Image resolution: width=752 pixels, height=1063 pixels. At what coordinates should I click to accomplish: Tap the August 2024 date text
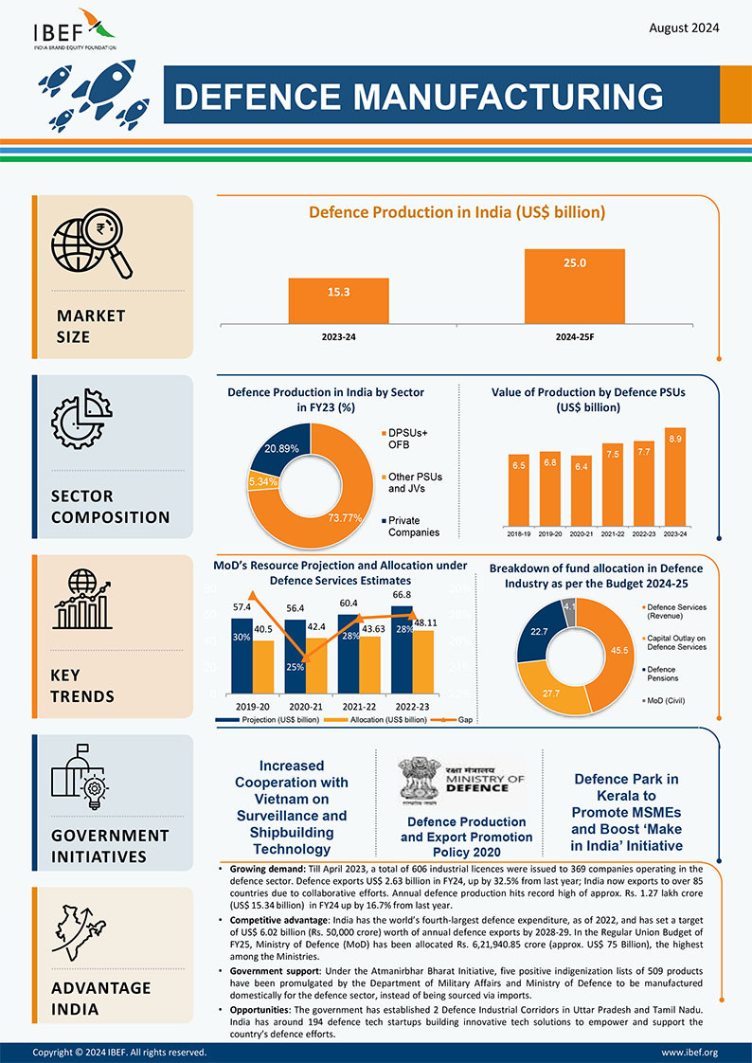point(684,27)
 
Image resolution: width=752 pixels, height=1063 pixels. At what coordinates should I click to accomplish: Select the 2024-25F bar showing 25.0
point(575,285)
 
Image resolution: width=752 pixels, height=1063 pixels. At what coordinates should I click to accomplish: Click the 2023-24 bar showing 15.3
point(338,300)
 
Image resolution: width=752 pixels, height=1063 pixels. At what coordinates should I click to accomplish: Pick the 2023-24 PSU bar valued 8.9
point(674,479)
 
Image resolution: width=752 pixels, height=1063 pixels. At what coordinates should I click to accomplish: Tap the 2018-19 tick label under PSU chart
point(519,534)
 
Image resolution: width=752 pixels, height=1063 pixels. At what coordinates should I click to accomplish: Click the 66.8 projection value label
point(402,594)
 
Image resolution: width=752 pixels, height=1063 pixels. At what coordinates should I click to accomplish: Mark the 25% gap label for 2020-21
point(295,667)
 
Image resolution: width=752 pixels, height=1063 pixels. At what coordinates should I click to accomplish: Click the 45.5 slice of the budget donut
point(619,652)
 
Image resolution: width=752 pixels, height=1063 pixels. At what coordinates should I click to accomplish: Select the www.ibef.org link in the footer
point(689,1052)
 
